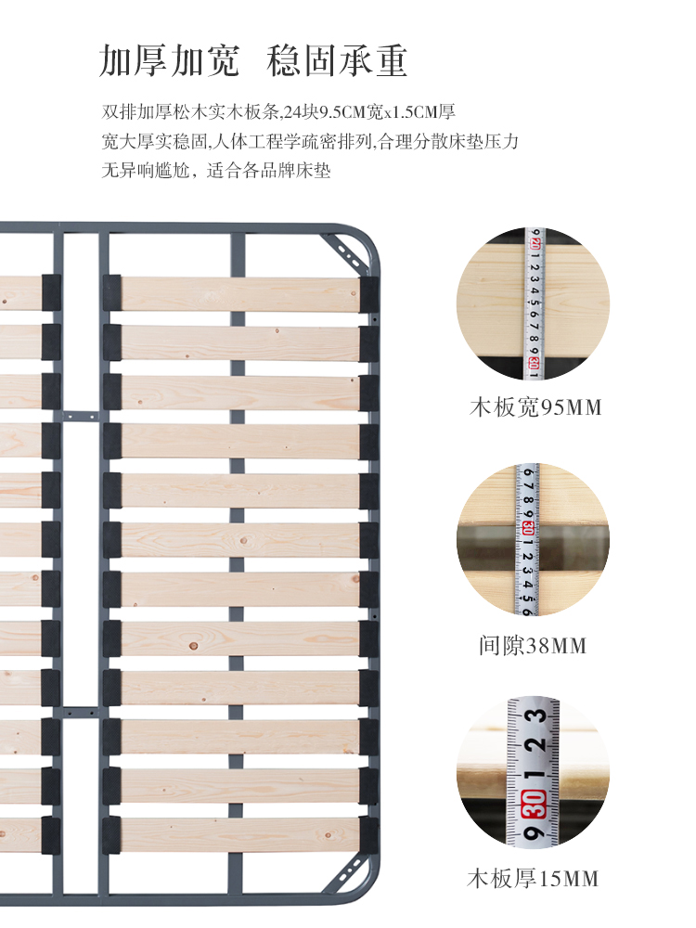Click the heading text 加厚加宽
(169, 60)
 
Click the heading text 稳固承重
(337, 60)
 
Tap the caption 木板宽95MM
(534, 407)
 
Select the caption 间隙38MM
(534, 645)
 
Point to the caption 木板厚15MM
(534, 878)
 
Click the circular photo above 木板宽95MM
(533, 303)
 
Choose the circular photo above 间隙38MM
(533, 540)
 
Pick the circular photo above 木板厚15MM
(533, 772)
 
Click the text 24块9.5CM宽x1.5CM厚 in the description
(369, 113)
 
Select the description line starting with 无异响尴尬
(216, 171)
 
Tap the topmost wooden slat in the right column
(239, 293)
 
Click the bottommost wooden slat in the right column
(239, 834)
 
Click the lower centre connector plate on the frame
(81, 713)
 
